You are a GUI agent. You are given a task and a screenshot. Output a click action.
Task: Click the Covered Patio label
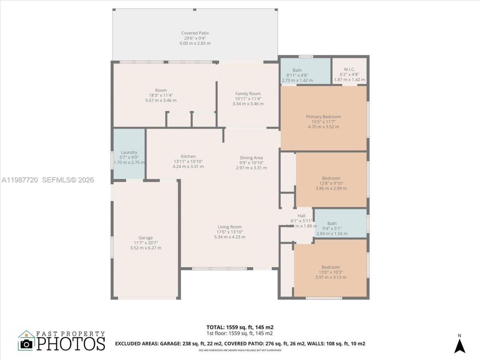click(x=195, y=33)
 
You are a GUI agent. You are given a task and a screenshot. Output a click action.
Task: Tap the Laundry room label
click(x=129, y=152)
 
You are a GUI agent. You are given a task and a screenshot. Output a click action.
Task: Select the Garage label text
click(x=145, y=238)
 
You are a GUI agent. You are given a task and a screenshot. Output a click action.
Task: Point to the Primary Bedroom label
click(x=323, y=117)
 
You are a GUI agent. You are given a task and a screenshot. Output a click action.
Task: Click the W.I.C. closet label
click(x=349, y=70)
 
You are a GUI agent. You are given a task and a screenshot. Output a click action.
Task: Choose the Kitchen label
click(x=188, y=156)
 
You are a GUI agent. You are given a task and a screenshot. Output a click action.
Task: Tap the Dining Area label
click(x=251, y=158)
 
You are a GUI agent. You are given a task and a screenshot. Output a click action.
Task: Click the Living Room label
click(x=229, y=227)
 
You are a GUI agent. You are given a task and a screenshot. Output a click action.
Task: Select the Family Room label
click(x=248, y=94)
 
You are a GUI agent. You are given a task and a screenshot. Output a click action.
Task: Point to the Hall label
click(x=301, y=216)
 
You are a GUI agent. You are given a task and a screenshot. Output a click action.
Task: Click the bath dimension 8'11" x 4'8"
click(x=297, y=75)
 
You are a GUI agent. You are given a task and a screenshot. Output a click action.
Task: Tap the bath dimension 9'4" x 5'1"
click(x=332, y=228)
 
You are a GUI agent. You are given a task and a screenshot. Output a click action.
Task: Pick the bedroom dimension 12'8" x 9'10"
click(x=331, y=183)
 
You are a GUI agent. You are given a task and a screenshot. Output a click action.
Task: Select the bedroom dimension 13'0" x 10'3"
click(x=331, y=272)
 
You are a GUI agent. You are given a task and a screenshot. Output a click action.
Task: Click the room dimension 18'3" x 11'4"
click(x=161, y=95)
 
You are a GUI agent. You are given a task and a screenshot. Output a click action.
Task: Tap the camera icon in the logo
click(x=26, y=344)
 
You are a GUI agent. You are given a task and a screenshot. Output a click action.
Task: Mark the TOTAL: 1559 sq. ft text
click(x=240, y=327)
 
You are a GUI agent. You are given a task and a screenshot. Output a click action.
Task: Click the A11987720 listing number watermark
click(x=19, y=180)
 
